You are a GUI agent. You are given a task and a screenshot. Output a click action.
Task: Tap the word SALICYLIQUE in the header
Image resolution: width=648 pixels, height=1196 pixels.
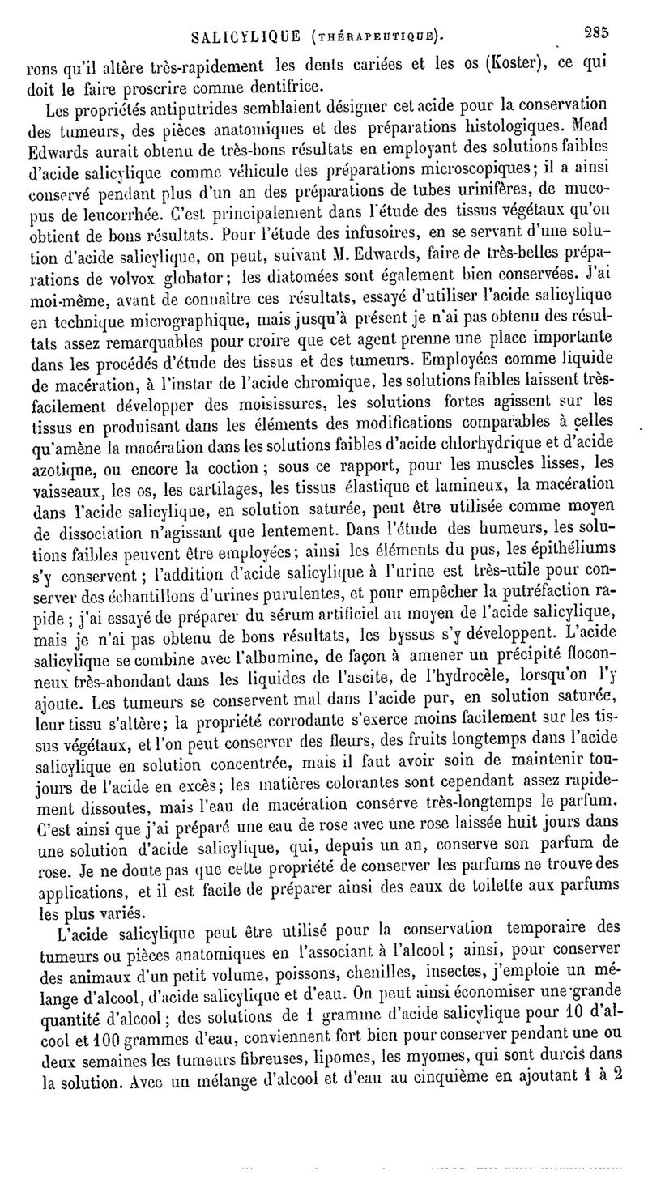click(241, 36)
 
